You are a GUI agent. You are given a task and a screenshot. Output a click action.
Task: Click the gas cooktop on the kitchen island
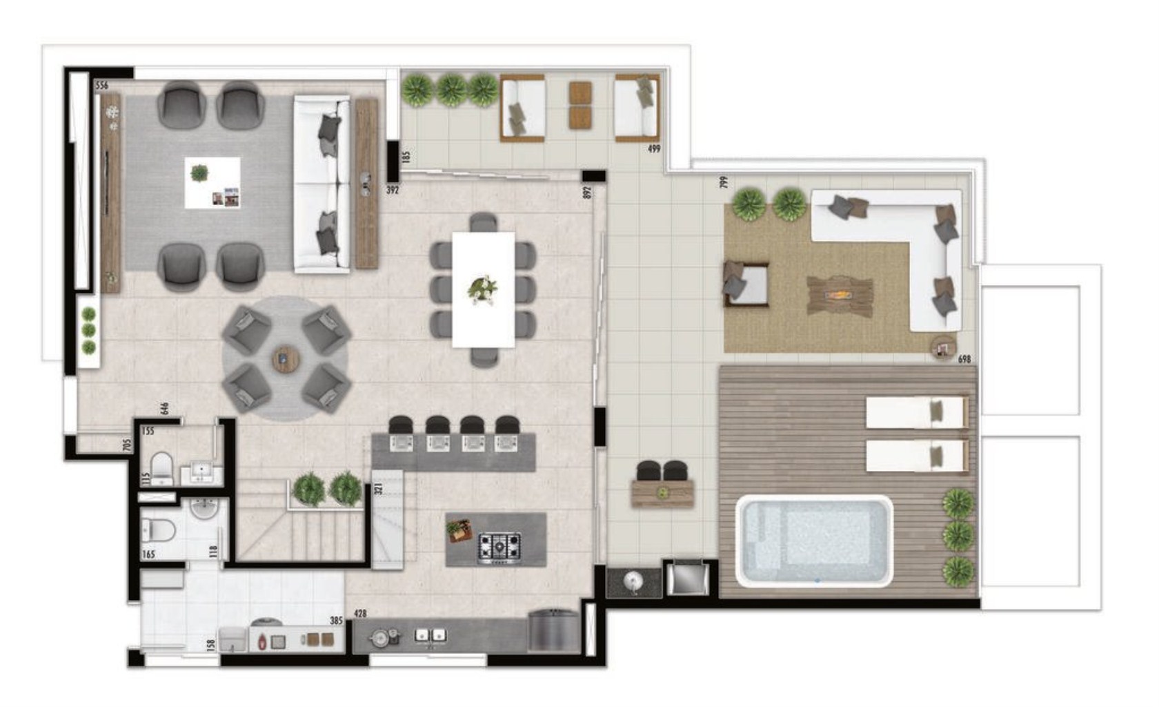tap(499, 548)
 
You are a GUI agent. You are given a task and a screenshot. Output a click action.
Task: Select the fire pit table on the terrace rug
tap(840, 296)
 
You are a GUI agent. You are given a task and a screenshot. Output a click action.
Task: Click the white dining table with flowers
tap(483, 289)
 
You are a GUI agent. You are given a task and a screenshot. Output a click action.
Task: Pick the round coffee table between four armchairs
tap(284, 359)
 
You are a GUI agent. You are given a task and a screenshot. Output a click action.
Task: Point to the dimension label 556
tap(101, 86)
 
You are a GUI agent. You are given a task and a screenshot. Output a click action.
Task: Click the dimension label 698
tap(964, 359)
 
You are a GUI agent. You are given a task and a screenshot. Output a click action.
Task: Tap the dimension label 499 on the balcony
tap(653, 149)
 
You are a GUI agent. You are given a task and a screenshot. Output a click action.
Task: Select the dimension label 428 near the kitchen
tap(359, 613)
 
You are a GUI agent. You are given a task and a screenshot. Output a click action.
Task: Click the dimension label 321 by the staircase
tap(378, 488)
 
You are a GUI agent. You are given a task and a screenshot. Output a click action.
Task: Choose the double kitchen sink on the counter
tap(430, 635)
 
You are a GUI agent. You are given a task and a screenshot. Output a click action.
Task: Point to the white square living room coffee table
tap(212, 182)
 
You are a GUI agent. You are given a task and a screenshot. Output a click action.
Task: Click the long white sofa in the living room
tap(321, 184)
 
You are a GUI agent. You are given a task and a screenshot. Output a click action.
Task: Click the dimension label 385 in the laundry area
tap(336, 621)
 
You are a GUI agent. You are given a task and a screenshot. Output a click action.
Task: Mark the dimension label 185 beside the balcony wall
tap(406, 157)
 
